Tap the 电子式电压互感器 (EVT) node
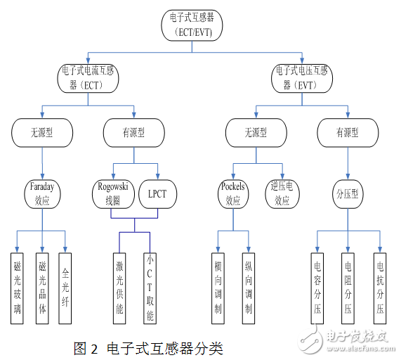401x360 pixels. tap(303, 77)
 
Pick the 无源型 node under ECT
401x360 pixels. tap(41, 131)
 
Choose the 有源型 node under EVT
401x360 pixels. tap(348, 131)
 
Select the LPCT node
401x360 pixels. tap(158, 193)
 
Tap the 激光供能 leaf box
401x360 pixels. tap(120, 288)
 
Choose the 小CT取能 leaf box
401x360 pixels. tap(150, 288)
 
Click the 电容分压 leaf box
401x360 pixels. tap(317, 288)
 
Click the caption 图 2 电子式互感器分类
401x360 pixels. tap(147, 347)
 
